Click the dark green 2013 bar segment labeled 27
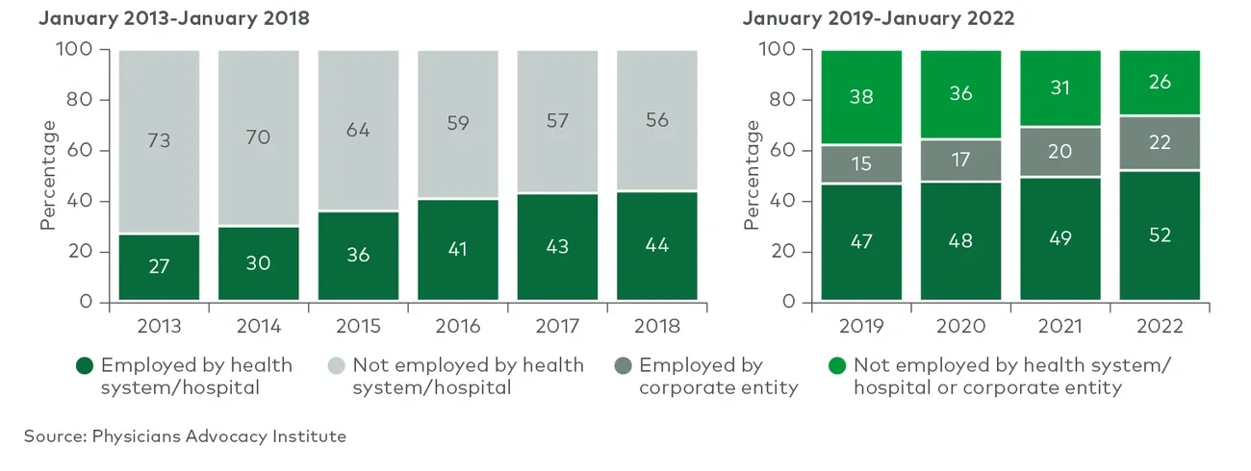coord(160,267)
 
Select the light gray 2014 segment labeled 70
coord(259,137)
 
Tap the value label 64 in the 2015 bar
coord(358,129)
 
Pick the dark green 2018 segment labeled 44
coord(656,246)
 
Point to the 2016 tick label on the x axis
coord(458,326)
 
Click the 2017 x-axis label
coord(557,326)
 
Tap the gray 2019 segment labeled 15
coord(861,163)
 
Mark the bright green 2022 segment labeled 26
coord(1160,83)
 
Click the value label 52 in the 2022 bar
coord(1160,235)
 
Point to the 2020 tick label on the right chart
coord(960,326)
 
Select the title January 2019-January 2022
coord(880,19)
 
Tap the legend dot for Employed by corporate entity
coord(622,366)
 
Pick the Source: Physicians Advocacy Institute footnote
coord(185,436)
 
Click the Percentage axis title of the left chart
coord(48,175)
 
